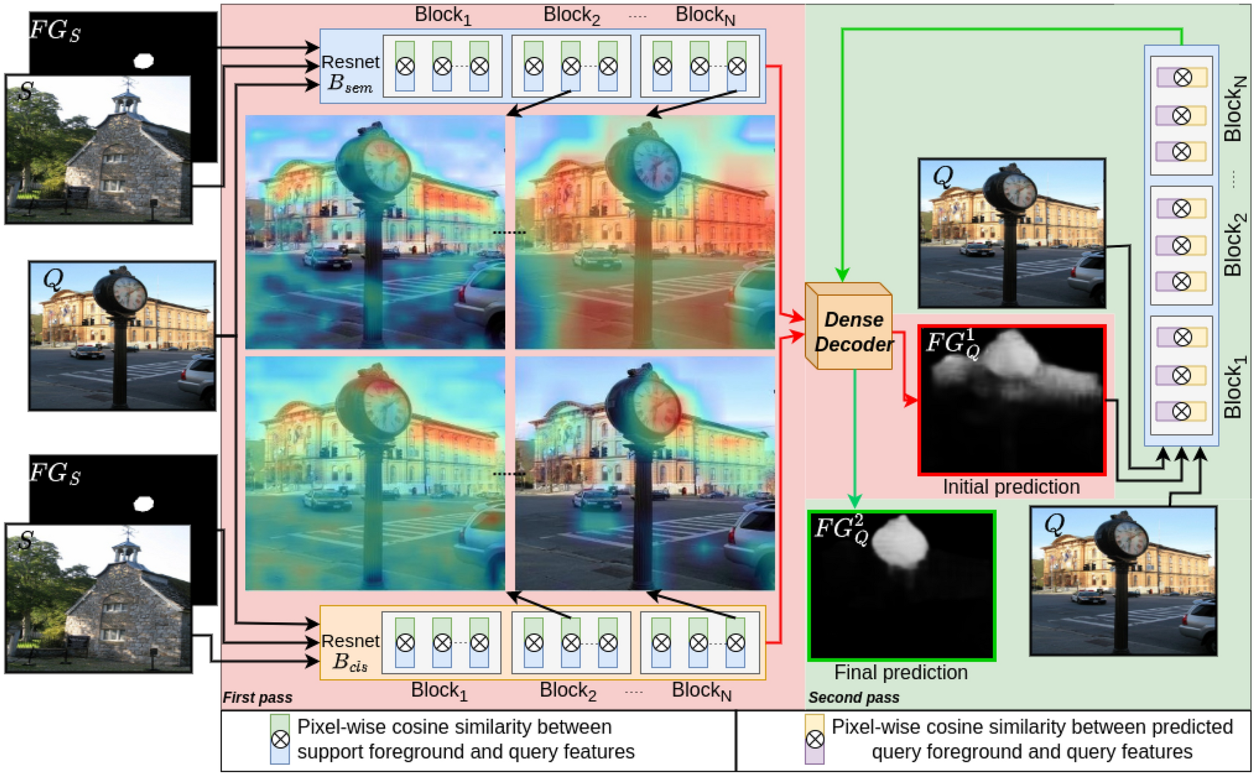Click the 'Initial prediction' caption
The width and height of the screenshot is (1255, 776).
click(1011, 486)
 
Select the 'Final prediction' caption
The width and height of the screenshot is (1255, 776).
click(900, 672)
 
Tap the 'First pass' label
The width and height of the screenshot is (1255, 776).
click(257, 697)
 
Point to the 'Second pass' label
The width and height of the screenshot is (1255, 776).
click(853, 697)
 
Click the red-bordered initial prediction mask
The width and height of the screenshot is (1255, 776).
click(1011, 400)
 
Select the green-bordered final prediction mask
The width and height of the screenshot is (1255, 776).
click(901, 585)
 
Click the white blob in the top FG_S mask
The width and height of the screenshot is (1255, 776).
click(144, 61)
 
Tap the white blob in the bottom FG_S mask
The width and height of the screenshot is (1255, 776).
click(144, 503)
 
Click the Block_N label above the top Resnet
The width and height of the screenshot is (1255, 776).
click(705, 16)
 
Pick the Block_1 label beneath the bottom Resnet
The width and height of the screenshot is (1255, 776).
click(439, 691)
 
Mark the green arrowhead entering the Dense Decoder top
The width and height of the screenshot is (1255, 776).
click(842, 275)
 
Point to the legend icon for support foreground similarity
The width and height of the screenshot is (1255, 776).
click(280, 740)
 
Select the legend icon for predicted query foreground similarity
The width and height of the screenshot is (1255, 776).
click(814, 740)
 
